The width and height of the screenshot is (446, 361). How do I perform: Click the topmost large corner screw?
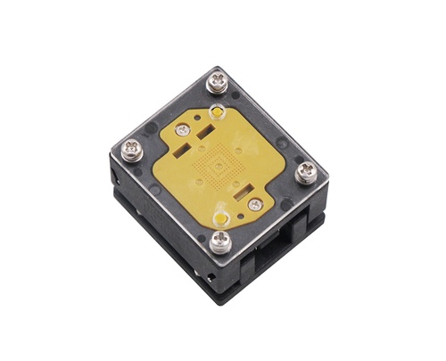click(218, 83)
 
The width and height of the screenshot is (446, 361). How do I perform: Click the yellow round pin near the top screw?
click(216, 112)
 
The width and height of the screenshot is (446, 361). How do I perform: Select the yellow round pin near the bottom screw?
click(219, 213)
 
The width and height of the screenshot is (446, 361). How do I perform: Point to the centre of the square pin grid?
click(218, 166)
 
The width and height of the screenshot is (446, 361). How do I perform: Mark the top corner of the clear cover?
click(215, 67)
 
